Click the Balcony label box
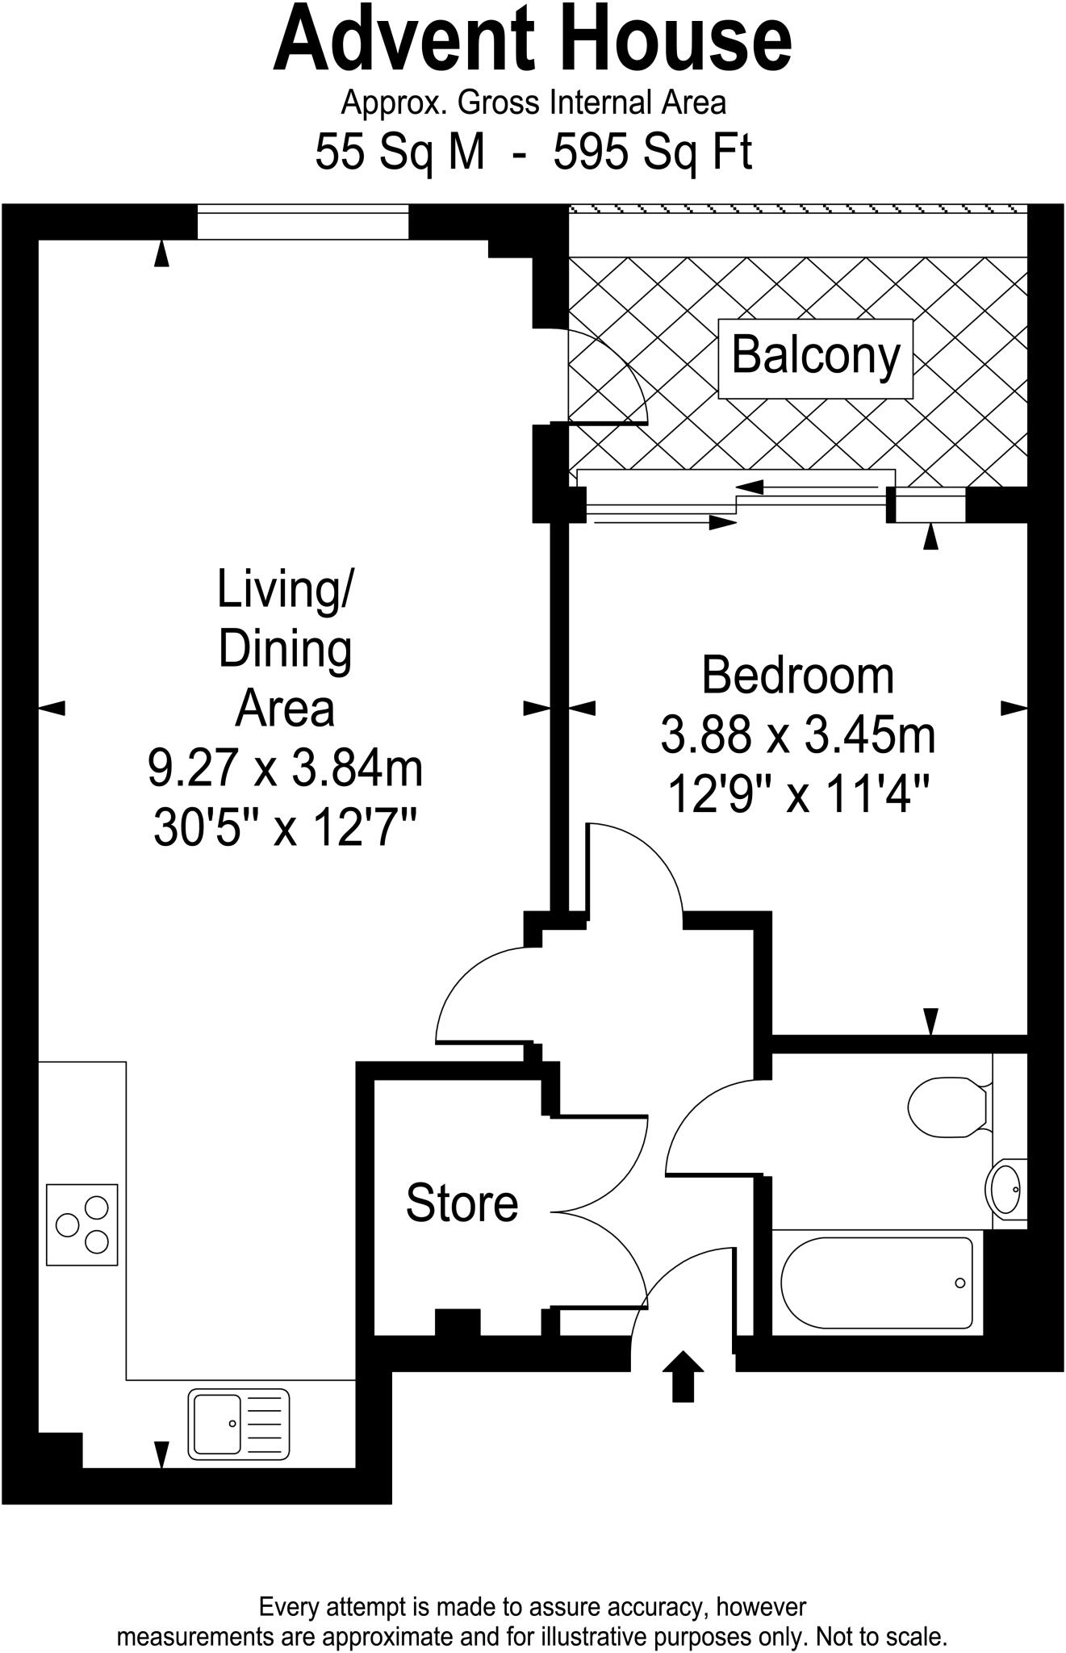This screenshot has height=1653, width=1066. (815, 358)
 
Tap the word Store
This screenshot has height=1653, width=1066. (462, 1203)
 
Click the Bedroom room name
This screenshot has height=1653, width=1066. (797, 676)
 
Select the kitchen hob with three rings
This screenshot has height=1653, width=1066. (82, 1224)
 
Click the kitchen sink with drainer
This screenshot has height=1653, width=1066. (239, 1423)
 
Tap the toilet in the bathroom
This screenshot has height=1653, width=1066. (948, 1107)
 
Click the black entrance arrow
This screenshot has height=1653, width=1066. (683, 1375)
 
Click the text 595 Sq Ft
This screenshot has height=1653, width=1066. (652, 152)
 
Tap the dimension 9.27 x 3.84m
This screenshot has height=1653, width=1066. (285, 768)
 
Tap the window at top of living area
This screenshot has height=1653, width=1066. (303, 222)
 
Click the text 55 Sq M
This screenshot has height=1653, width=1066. (400, 152)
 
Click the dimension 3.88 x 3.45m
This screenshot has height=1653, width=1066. (797, 735)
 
